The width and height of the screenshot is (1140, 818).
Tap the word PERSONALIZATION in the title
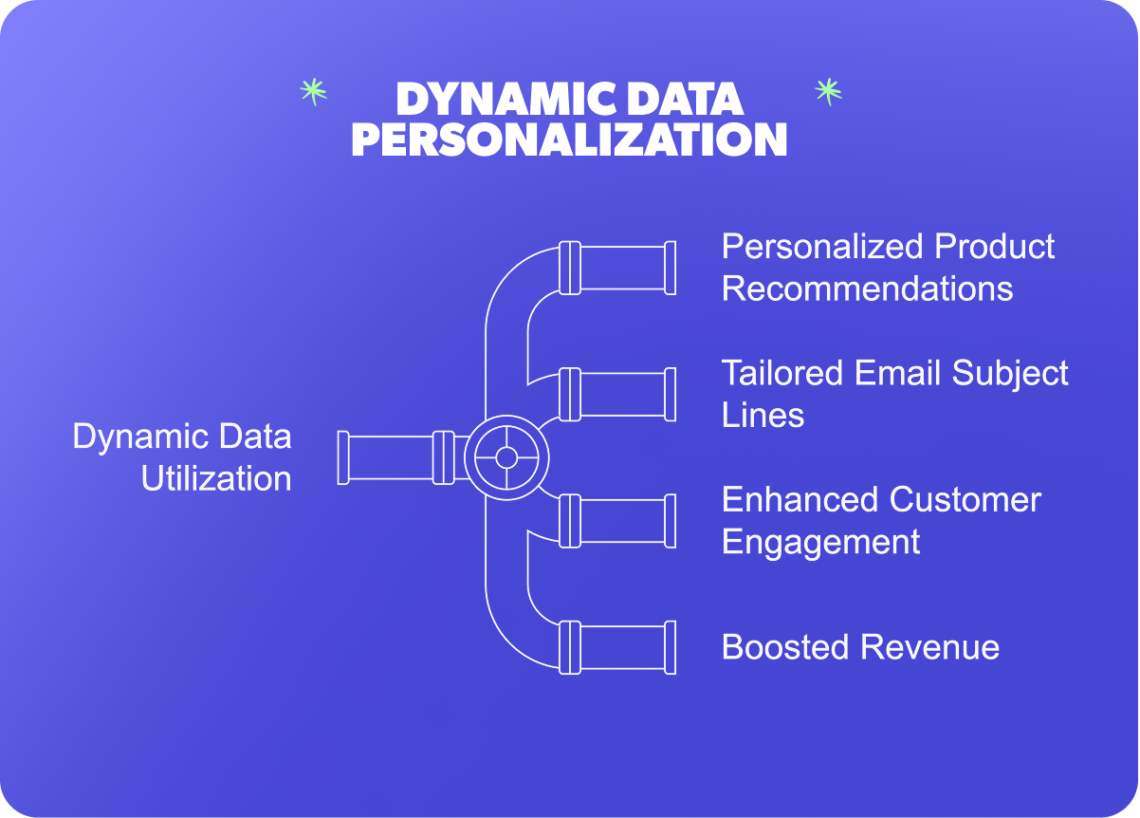point(569,139)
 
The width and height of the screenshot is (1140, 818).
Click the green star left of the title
point(314,92)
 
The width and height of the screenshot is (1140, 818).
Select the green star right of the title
point(829,92)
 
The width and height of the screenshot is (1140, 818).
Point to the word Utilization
point(216,479)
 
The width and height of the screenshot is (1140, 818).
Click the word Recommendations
point(867,288)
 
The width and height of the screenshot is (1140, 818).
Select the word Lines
point(763,415)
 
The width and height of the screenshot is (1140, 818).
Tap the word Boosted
point(785,647)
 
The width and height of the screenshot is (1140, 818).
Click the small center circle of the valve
point(506,457)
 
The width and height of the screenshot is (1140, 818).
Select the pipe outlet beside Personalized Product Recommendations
point(617,268)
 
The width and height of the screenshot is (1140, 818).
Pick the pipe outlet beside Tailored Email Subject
point(617,395)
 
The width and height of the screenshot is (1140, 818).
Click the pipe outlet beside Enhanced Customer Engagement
point(617,521)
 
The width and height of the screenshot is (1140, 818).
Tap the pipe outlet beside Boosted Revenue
point(617,648)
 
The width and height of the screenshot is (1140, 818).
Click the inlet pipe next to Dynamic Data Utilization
point(402,458)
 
